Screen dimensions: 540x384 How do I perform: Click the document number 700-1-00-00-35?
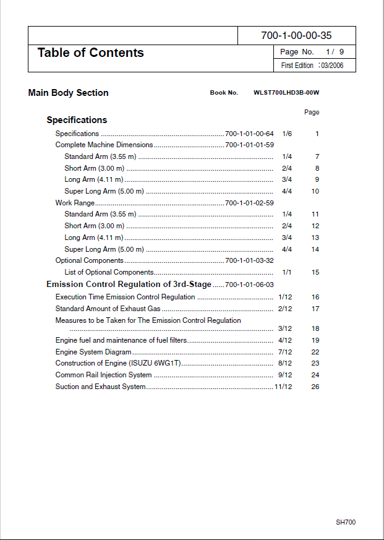coord(296,36)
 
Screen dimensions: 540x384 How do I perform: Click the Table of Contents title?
coord(90,53)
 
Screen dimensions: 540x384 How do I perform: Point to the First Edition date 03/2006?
coord(332,66)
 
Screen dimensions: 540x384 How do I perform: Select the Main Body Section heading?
coord(68,93)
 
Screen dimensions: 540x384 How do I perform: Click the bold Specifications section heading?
coord(77,120)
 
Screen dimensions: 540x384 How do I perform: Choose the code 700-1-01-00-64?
coord(249,134)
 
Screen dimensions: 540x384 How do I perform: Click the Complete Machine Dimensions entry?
coord(104,145)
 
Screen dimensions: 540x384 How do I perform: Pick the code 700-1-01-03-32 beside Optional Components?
coord(249,260)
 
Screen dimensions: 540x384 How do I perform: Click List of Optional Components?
coord(109,272)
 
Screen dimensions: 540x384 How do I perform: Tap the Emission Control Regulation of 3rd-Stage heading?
coord(129,285)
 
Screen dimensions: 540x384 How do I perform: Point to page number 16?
coord(315,297)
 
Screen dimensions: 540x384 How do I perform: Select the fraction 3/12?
coord(285,328)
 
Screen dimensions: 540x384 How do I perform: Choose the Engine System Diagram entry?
coord(93,352)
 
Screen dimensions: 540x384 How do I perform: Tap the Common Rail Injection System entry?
coord(103,375)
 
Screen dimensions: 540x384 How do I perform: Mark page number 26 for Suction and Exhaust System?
coord(315,387)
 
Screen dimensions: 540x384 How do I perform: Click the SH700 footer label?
coord(346,523)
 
